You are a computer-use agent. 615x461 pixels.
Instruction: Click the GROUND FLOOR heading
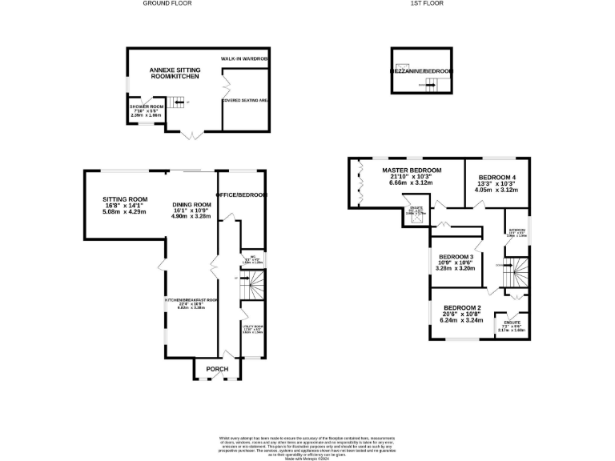click(x=167, y=3)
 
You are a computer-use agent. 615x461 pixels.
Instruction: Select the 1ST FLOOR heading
click(x=427, y=3)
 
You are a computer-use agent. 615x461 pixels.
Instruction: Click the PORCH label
click(x=218, y=369)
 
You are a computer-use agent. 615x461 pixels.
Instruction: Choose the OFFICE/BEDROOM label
click(x=241, y=194)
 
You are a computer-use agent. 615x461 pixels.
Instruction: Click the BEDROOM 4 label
click(x=497, y=178)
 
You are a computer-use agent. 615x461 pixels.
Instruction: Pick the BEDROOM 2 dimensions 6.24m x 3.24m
click(x=462, y=320)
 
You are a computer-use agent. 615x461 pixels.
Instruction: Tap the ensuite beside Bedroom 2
click(x=512, y=325)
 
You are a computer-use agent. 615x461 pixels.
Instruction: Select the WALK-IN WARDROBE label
click(x=245, y=59)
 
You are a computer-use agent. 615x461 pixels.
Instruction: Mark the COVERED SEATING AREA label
click(x=245, y=101)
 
